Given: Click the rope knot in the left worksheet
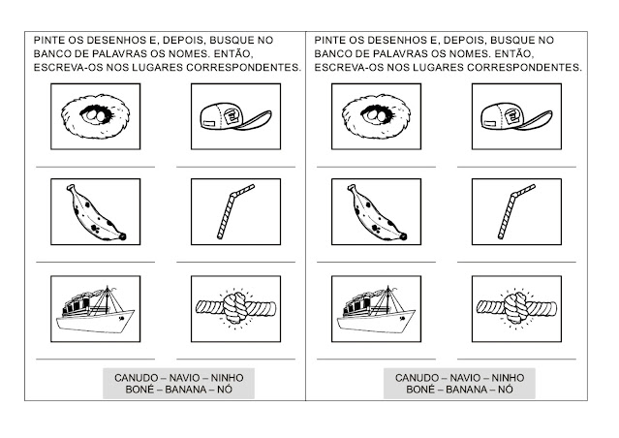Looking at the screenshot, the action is pos(227,309).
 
